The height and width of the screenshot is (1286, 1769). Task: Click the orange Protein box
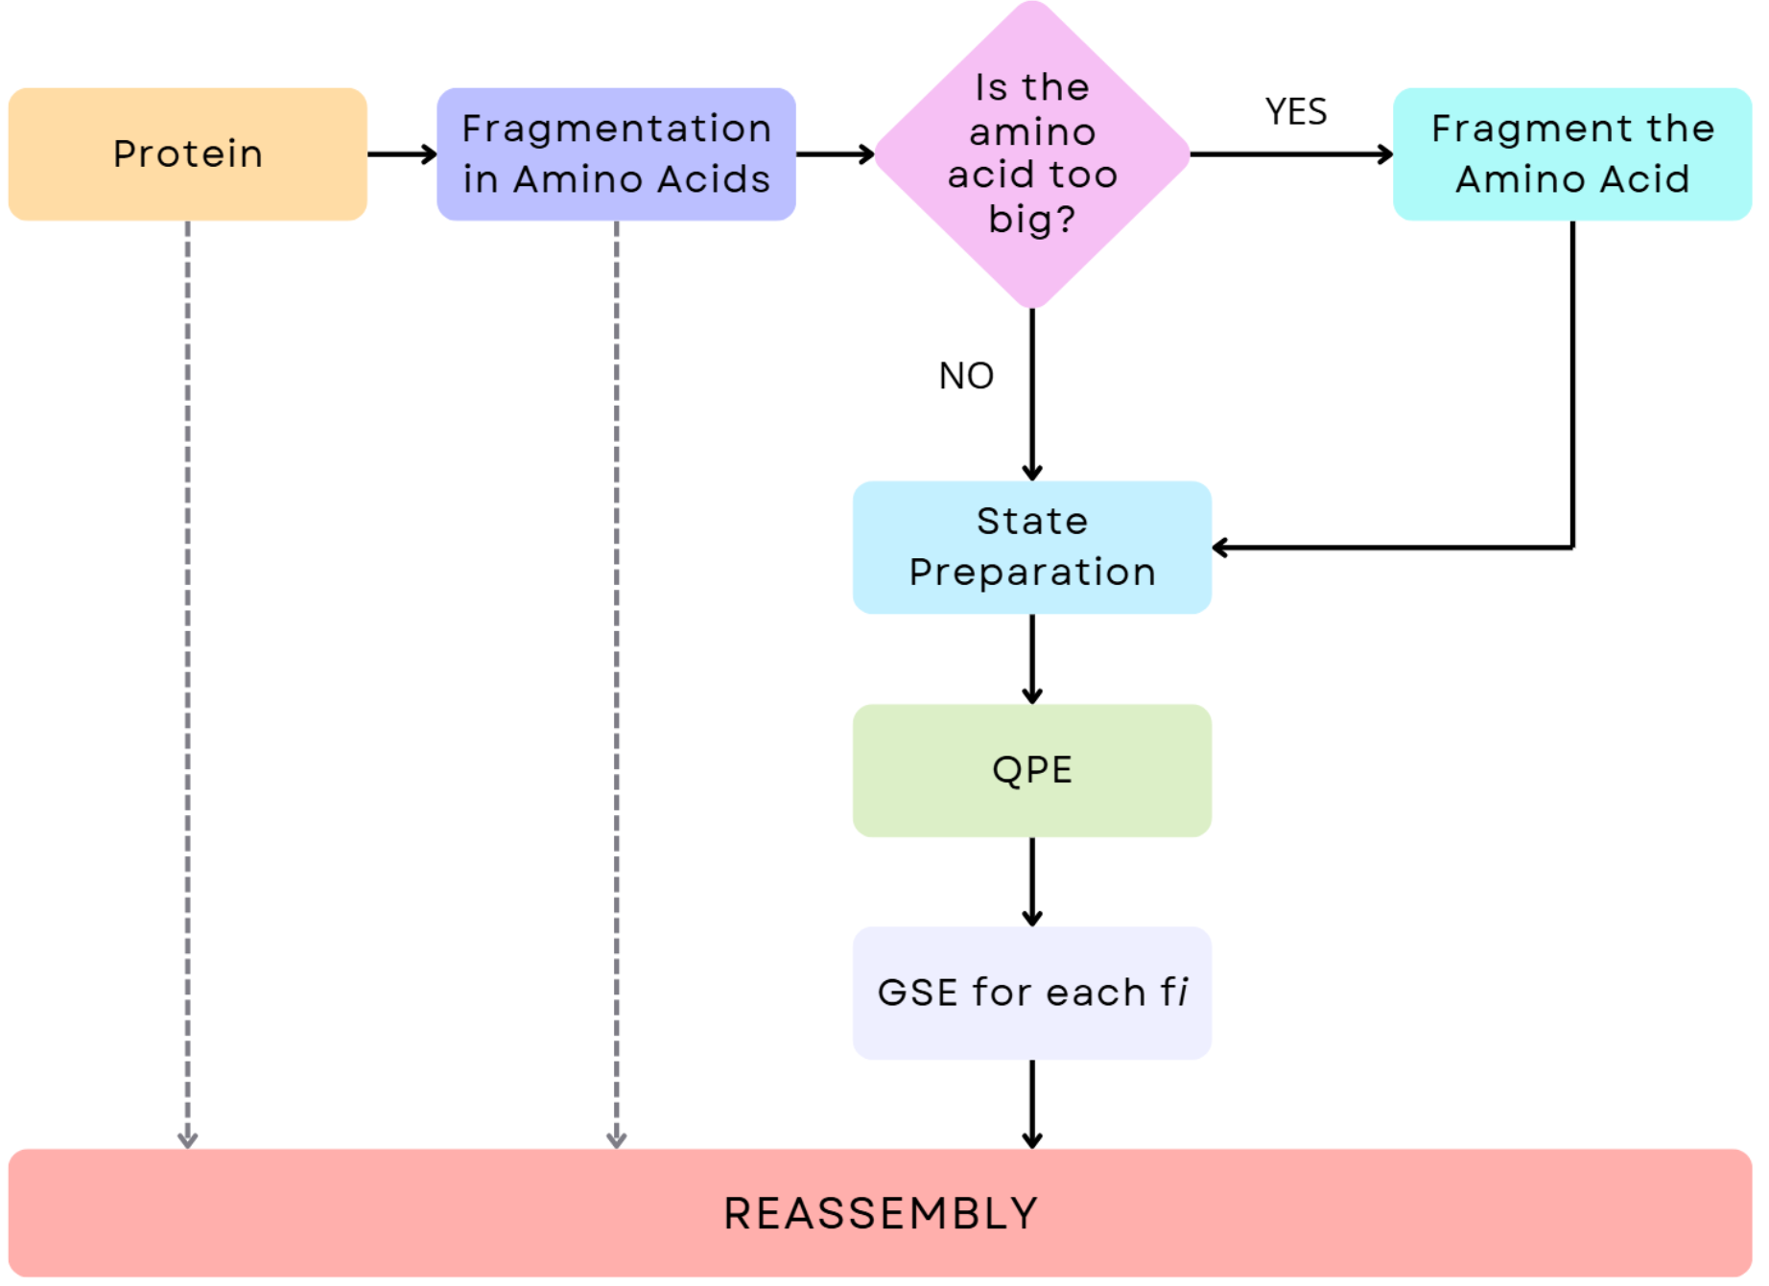pyautogui.click(x=188, y=154)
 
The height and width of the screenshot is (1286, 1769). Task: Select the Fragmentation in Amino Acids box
pyautogui.click(x=616, y=154)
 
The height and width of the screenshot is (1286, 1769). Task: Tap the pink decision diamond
pyautogui.click(x=1032, y=153)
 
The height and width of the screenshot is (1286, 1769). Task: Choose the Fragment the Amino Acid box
pyautogui.click(x=1572, y=154)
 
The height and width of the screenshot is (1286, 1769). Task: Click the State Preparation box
pyautogui.click(x=1032, y=547)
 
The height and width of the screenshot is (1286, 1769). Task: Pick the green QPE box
pyautogui.click(x=1032, y=770)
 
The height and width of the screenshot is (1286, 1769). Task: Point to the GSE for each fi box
pyautogui.click(x=1032, y=993)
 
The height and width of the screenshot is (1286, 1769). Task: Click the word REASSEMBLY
pyautogui.click(x=881, y=1213)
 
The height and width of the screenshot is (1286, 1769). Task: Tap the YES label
pyautogui.click(x=1296, y=112)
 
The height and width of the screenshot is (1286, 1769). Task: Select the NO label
pyautogui.click(x=966, y=376)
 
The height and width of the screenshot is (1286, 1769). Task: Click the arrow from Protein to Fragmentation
pyautogui.click(x=402, y=154)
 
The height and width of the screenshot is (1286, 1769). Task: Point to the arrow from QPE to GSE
pyautogui.click(x=1032, y=881)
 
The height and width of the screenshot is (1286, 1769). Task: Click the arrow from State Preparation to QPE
pyautogui.click(x=1032, y=659)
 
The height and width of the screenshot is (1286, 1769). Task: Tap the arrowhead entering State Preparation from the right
pyautogui.click(x=1221, y=548)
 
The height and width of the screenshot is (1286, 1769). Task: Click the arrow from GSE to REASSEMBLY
pyautogui.click(x=1032, y=1103)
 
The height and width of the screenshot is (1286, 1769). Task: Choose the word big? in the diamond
pyautogui.click(x=1032, y=220)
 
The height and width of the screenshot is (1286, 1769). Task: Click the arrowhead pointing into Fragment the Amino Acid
pyautogui.click(x=1384, y=154)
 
